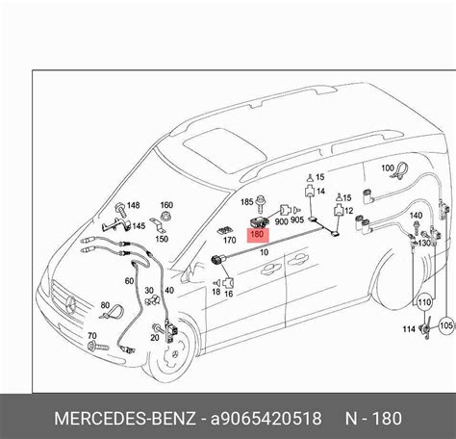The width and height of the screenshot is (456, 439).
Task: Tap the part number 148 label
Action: [x=132, y=205]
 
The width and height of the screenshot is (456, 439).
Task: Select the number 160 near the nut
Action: [x=166, y=205]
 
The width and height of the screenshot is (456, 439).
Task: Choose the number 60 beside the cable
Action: [x=129, y=281]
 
